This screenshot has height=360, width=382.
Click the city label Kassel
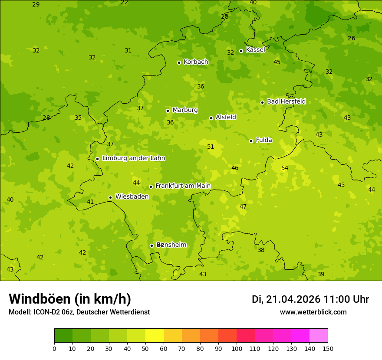[x=255, y=50]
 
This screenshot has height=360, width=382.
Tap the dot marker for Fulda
[x=251, y=141]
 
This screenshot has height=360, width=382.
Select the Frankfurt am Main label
[x=183, y=186]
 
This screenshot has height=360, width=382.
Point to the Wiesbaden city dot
[x=110, y=197]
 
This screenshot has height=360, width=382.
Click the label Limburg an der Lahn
[x=133, y=158]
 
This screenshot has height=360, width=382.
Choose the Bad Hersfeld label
[x=286, y=101]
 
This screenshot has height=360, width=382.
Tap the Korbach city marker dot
[x=179, y=62]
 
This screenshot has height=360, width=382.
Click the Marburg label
[x=185, y=110]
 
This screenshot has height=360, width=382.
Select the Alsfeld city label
[x=226, y=117]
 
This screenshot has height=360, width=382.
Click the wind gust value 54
[x=285, y=168]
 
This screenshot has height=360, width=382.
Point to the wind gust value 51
[x=211, y=147]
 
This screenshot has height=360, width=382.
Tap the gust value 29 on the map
[x=36, y=5]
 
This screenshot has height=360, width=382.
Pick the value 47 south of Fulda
[x=243, y=207]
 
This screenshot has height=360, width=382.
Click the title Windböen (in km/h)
[x=70, y=299]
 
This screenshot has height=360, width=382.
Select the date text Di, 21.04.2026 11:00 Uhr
[x=310, y=299]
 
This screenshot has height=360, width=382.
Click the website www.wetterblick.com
[x=313, y=312]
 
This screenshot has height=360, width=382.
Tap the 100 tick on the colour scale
[x=237, y=348]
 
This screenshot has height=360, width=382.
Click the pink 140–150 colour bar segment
[x=319, y=336]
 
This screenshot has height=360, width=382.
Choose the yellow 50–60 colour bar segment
[x=155, y=336]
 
